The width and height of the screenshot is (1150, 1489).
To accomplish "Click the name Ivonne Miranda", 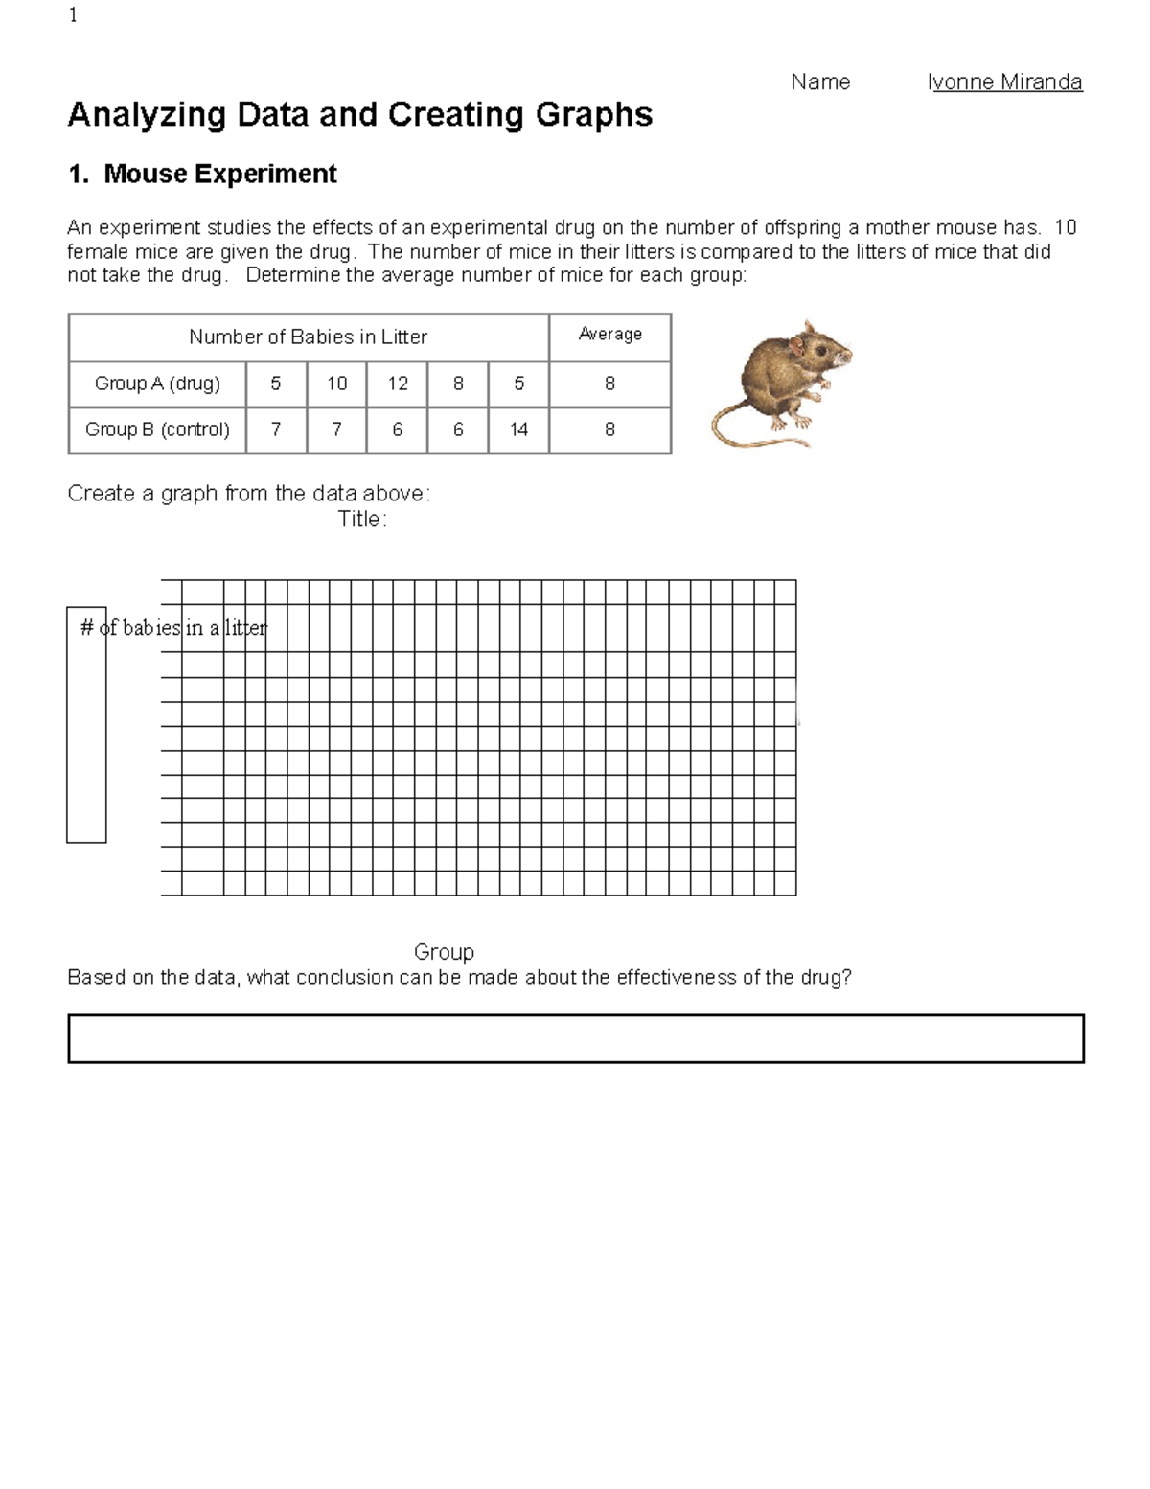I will pos(1004,82).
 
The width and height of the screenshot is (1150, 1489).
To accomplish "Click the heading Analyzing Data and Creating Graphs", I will pos(359,115).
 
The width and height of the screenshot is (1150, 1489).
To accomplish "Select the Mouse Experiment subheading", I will pos(202,174).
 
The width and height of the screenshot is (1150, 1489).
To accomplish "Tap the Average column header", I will pos(609,335).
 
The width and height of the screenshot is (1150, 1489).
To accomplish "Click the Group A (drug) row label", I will pos(157,384).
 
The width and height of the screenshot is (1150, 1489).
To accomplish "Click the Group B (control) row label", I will pos(157,430).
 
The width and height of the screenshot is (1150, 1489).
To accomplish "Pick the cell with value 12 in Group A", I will pos(397,384).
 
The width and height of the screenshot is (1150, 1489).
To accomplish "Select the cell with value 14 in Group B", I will pos(518,430).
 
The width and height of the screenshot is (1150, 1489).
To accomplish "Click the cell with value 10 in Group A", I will pos(336,384).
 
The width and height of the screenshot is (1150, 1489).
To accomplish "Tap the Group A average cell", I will pos(609,384).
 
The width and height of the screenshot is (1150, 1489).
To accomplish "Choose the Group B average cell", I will pos(609,430).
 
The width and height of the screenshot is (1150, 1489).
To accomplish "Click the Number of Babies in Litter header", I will pos(308,337).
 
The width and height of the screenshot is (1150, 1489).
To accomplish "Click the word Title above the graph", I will pos(361,520).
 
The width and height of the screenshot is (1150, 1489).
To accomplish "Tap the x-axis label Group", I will pos(444,952).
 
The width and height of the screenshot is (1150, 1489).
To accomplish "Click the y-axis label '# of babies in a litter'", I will pos(173,628).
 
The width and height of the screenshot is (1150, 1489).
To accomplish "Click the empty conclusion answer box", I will pos(575,1039).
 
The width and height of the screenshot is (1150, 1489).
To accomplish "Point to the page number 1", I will pos(74,15).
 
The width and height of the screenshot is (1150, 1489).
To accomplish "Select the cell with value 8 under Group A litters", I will pos(458,384).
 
